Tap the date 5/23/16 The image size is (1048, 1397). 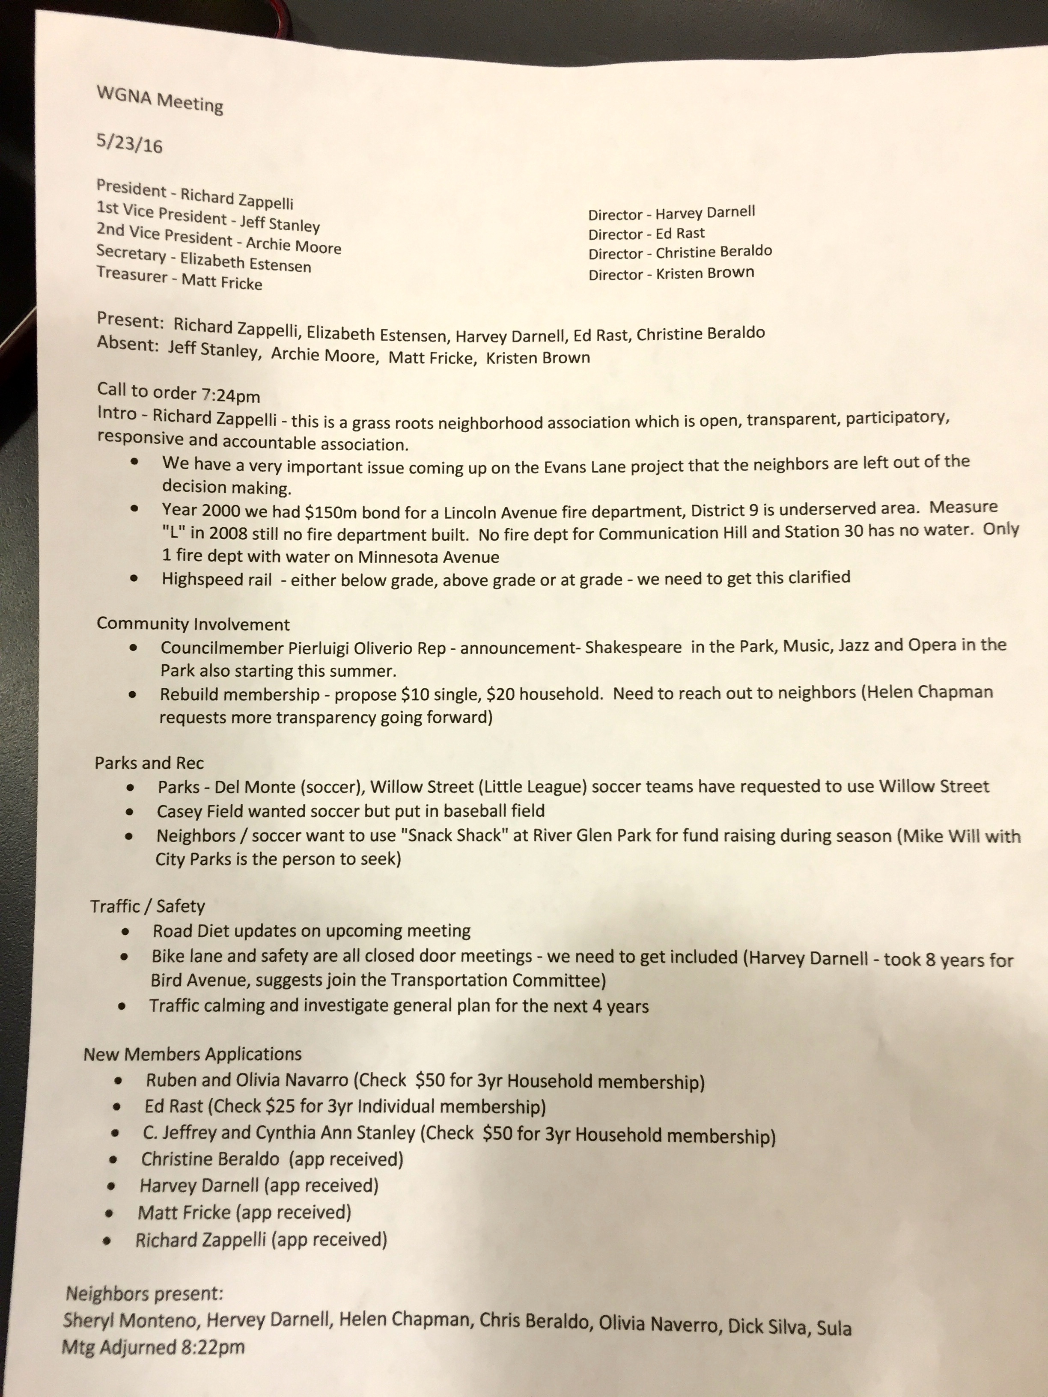(x=129, y=143)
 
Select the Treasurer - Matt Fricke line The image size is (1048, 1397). (x=179, y=277)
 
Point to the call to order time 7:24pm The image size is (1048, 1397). (x=231, y=396)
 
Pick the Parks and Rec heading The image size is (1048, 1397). (x=149, y=763)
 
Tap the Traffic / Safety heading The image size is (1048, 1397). (x=147, y=906)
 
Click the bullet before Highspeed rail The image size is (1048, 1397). (x=134, y=578)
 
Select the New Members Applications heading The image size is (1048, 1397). (x=193, y=1054)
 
